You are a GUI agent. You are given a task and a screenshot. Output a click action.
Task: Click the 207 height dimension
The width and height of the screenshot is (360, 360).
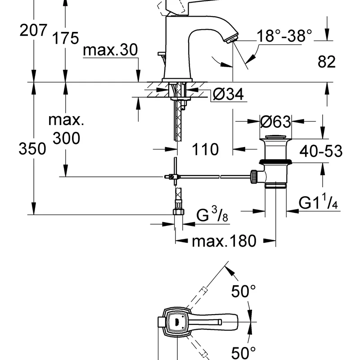33,30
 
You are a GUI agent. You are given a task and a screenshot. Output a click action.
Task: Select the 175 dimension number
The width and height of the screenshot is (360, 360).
65,38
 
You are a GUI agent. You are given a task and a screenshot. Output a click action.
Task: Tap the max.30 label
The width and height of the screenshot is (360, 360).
110,50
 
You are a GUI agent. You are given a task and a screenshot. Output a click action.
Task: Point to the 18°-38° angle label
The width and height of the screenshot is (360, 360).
284,36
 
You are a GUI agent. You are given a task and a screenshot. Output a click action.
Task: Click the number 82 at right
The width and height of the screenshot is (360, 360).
327,61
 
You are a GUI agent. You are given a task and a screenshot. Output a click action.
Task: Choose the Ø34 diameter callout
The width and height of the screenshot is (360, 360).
228,94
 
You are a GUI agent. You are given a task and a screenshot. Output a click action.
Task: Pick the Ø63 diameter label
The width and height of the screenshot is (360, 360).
275,121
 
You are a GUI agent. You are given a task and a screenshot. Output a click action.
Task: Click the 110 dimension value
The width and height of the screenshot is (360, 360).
205,149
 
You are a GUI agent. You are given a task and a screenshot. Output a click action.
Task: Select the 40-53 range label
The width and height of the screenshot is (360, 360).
321,151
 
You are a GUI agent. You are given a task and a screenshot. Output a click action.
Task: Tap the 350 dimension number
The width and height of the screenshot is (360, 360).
32,148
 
